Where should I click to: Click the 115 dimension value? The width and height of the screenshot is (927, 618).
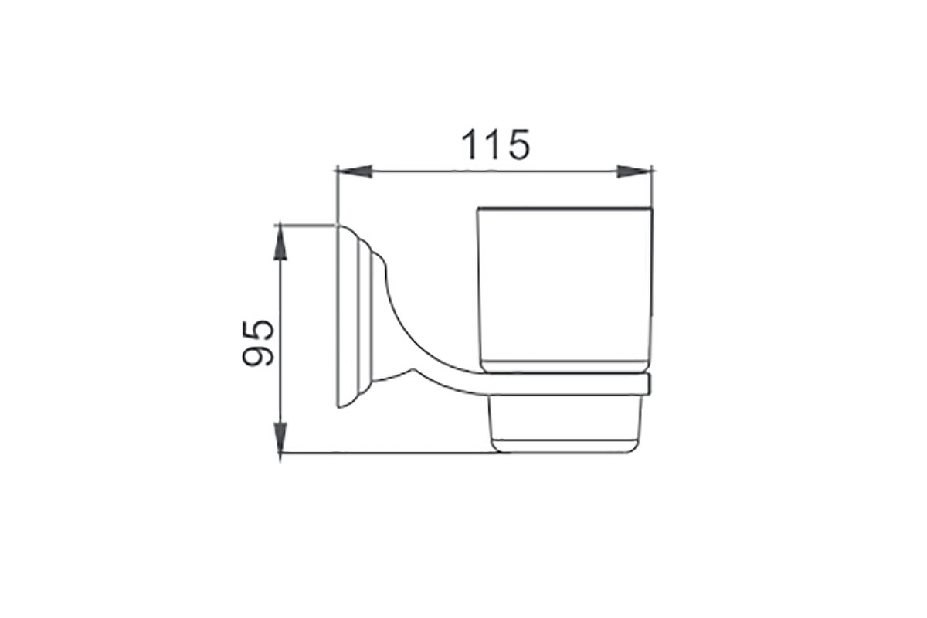coord(495,144)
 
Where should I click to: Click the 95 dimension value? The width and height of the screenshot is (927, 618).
coord(258,343)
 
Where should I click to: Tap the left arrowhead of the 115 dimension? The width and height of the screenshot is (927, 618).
coord(355,171)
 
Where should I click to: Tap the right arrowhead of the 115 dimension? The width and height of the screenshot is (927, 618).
coord(634,171)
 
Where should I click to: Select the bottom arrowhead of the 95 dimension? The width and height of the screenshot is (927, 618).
coord(280,436)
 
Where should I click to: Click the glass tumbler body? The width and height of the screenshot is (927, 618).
coord(565,289)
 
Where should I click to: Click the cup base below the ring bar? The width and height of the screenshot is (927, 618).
coord(565,424)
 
